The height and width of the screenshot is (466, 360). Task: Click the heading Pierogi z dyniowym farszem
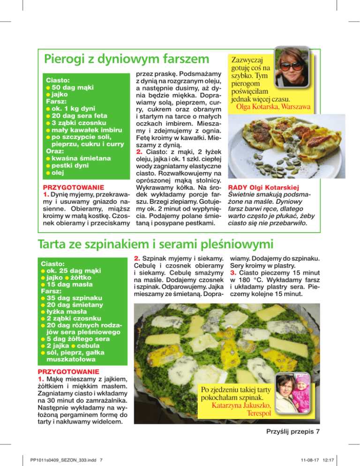[126, 60]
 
